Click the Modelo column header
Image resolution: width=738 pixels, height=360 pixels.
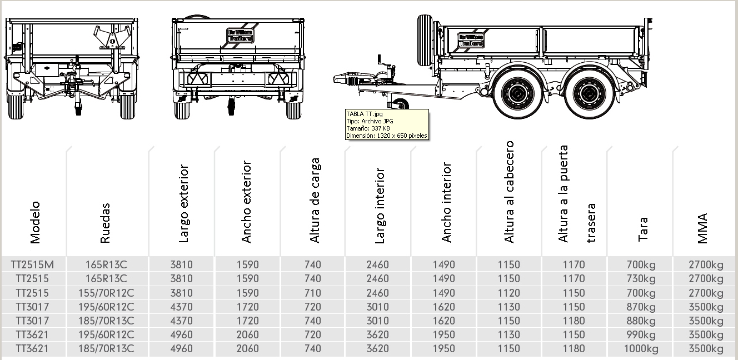(x=36, y=222)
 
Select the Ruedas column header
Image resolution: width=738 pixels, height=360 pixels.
(x=106, y=223)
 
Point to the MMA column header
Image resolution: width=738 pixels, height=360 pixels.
(x=702, y=228)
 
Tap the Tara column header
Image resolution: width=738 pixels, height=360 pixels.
(x=642, y=229)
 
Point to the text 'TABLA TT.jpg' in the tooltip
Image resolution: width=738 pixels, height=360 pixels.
(x=364, y=114)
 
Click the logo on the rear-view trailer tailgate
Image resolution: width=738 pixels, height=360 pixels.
(x=240, y=35)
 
